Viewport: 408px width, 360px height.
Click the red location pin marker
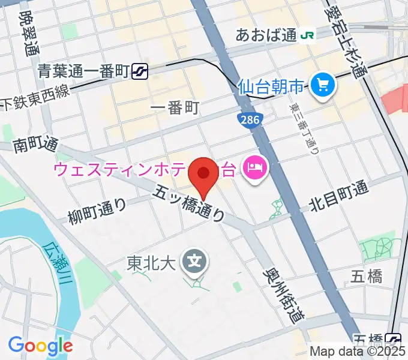coord(203,174)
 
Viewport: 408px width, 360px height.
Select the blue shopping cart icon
coord(323,88)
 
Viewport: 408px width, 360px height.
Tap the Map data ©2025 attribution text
coord(358,352)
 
